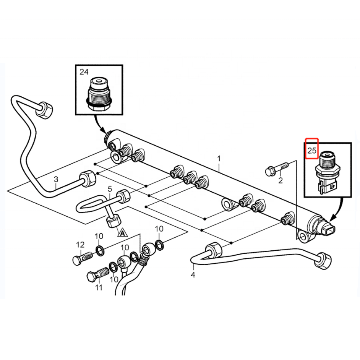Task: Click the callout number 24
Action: [84, 72]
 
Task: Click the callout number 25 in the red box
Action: [312, 151]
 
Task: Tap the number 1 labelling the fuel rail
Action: [219, 159]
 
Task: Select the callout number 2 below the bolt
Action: [281, 180]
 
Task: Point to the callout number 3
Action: [56, 179]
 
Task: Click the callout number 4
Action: [193, 275]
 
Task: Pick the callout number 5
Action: [110, 189]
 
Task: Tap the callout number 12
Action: [80, 245]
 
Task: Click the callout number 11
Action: [99, 287]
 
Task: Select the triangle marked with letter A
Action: [123, 233]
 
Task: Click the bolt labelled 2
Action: [276, 169]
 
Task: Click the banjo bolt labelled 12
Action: [83, 258]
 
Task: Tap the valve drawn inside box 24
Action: [99, 94]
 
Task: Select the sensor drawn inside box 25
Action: [326, 172]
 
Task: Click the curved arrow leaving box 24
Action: [99, 124]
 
